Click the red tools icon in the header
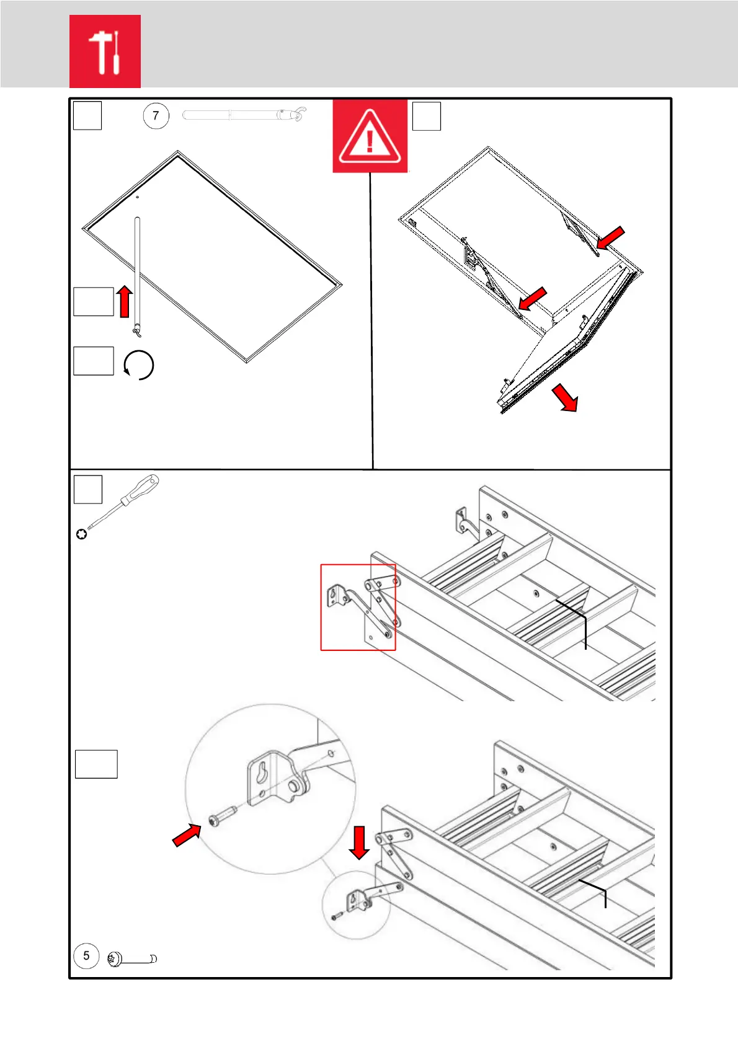(105, 51)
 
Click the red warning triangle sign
(370, 136)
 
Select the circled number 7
(156, 115)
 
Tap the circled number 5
(86, 955)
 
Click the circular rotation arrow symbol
(139, 365)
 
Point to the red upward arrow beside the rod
(125, 301)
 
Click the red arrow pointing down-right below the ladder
(565, 397)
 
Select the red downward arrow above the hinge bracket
(359, 843)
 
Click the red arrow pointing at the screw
(187, 834)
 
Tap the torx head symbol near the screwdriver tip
(81, 533)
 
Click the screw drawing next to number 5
(131, 959)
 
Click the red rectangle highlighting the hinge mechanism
(358, 607)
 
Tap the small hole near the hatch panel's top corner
(137, 198)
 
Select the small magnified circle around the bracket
(356, 905)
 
